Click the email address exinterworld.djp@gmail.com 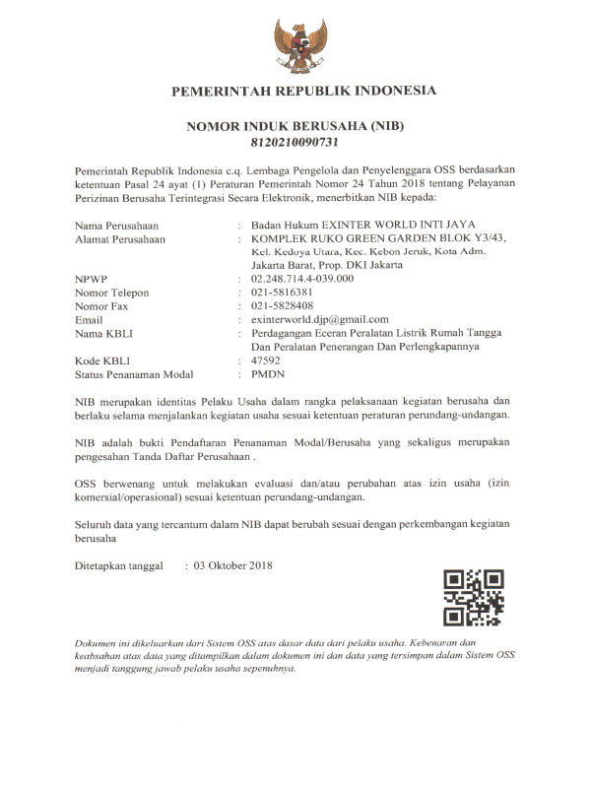[x=320, y=320]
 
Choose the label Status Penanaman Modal [x=134, y=375]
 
